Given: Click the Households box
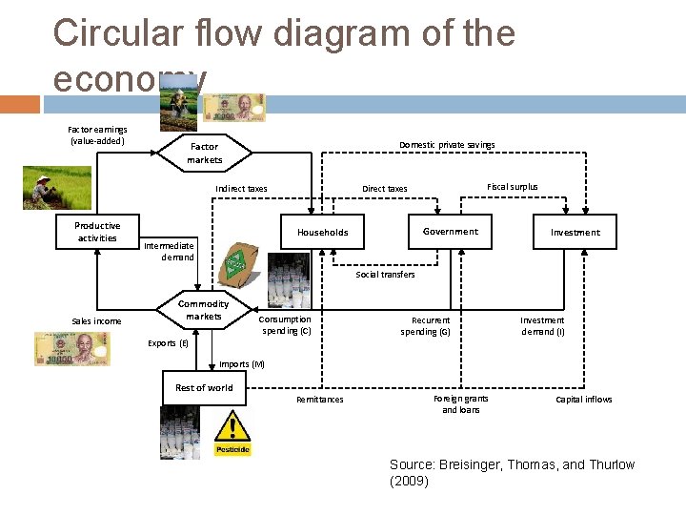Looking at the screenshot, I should coord(322,233).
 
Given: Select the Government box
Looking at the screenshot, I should coord(450,232).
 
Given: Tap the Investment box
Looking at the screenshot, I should coord(575,233).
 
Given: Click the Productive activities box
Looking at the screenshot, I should coord(97,232).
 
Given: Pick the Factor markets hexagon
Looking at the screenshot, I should coord(204,153).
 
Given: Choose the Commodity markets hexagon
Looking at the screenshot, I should coord(203,310).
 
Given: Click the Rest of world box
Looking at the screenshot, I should coord(203,387).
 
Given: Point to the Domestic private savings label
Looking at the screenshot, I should coord(447,145).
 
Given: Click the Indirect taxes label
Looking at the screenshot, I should coord(241,189).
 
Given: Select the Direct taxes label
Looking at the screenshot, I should coord(384,189).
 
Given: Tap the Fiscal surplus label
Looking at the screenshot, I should coord(512,187).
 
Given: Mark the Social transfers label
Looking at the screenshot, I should coord(385,275).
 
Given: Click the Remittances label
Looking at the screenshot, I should coord(320,400).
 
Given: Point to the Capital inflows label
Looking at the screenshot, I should coord(584,400).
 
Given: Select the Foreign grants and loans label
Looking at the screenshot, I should coord(460,404).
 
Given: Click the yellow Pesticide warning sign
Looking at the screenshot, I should coord(232,433).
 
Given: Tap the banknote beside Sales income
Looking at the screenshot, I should coord(71,348).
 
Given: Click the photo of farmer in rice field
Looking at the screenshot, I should coord(57,188).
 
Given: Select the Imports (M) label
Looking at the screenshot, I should coord(242,364).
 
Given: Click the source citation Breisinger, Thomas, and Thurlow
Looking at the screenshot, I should coord(512,472).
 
